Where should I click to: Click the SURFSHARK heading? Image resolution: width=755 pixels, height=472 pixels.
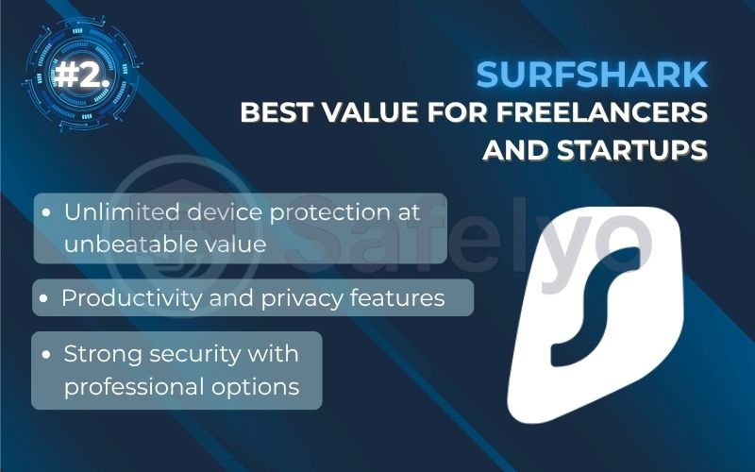pyautogui.click(x=591, y=76)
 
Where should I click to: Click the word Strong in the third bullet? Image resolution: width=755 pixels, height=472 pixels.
pyautogui.click(x=97, y=355)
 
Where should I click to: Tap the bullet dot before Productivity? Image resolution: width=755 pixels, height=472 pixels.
pyautogui.click(x=44, y=299)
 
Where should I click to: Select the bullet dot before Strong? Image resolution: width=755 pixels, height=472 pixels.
pyautogui.click(x=46, y=356)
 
